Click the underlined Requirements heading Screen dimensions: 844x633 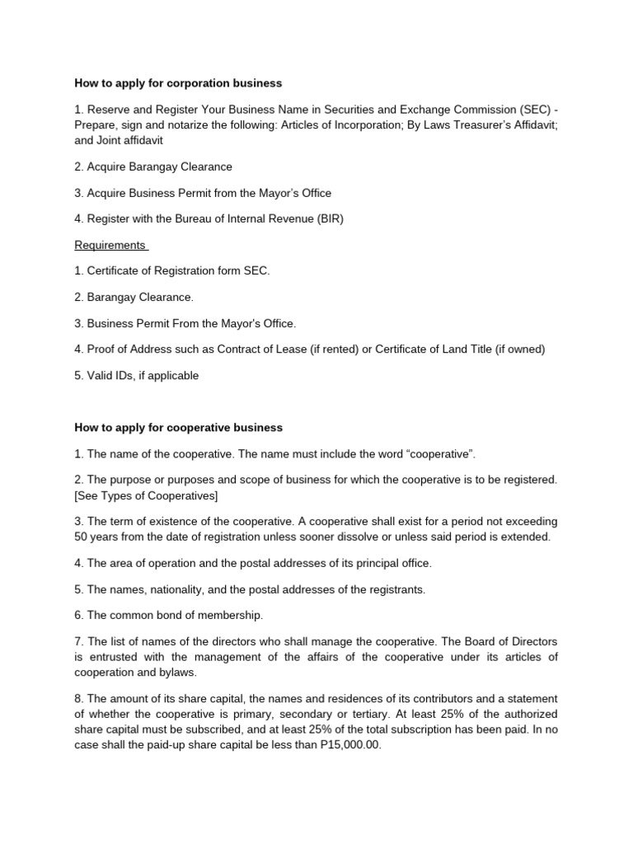pyautogui.click(x=110, y=245)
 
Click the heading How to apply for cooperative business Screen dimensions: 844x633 pyautogui.click(x=178, y=428)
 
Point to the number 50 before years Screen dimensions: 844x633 pyautogui.click(x=82, y=537)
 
